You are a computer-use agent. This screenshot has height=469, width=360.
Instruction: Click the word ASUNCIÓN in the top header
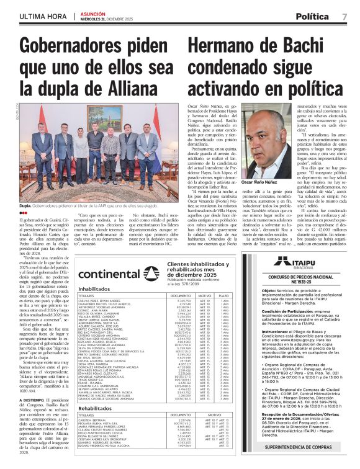[91, 11]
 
